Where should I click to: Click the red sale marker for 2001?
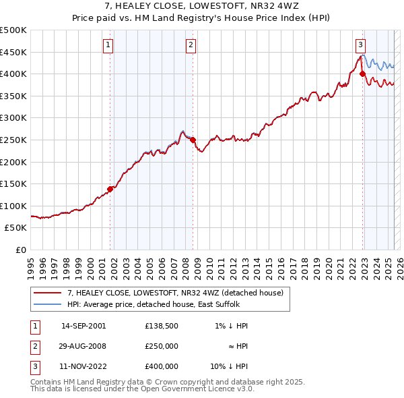tap(110, 189)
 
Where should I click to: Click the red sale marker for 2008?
tap(193, 140)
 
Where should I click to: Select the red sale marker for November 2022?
tap(362, 74)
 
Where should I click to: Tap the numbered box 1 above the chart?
tap(108, 45)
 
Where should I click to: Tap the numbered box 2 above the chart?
tap(191, 45)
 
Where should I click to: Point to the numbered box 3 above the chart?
tap(360, 45)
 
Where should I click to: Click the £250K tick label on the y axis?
tap(13, 140)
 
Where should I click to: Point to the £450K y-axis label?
tap(13, 52)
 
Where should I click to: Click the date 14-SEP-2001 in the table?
tap(83, 326)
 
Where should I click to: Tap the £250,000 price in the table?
tap(162, 346)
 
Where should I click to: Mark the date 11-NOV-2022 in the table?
tap(83, 366)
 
